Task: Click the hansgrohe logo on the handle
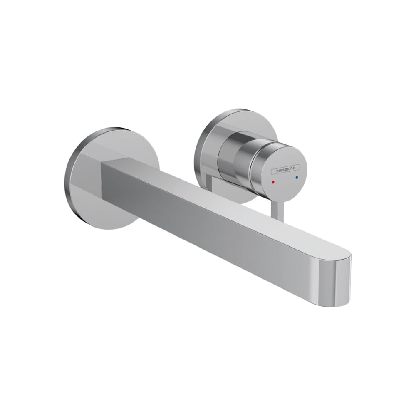pos(285,169)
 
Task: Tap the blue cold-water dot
pos(297,177)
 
